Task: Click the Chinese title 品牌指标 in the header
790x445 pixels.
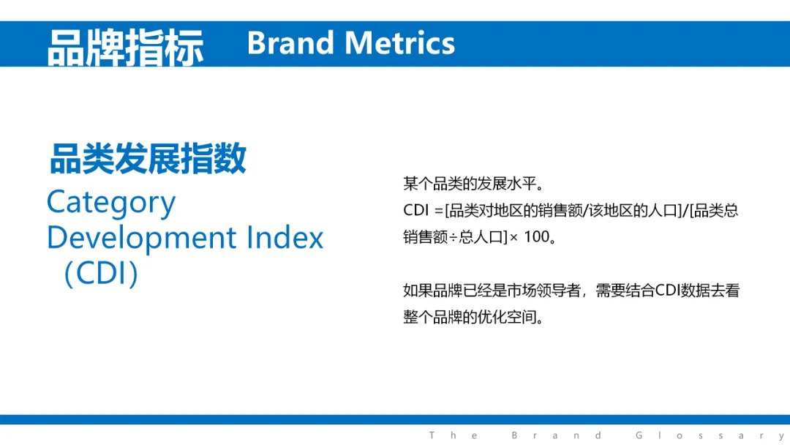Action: pyautogui.click(x=126, y=48)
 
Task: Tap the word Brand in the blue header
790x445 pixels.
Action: pyautogui.click(x=290, y=43)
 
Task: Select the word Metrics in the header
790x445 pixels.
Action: pyautogui.click(x=400, y=43)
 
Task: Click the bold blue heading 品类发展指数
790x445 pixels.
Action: pyautogui.click(x=148, y=158)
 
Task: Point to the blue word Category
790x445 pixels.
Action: pyautogui.click(x=111, y=203)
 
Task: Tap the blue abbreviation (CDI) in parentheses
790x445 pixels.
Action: pyautogui.click(x=101, y=273)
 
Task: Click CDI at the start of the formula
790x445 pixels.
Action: pyautogui.click(x=415, y=210)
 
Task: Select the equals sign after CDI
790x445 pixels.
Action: pyautogui.click(x=438, y=211)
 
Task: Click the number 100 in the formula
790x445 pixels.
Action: pyautogui.click(x=537, y=237)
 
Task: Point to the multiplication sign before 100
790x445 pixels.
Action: pyautogui.click(x=513, y=237)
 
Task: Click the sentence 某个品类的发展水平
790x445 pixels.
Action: pyautogui.click(x=470, y=184)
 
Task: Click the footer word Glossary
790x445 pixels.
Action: pyautogui.click(x=711, y=435)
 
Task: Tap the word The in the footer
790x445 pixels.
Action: pyautogui.click(x=454, y=435)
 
